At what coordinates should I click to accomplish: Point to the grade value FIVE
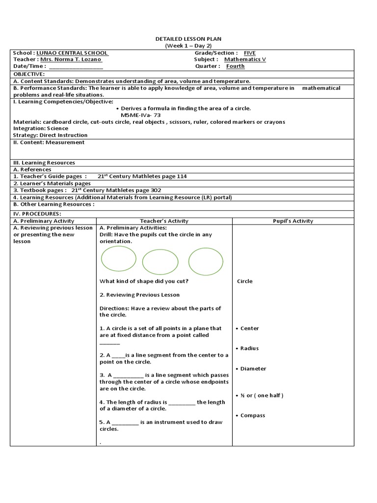(249, 53)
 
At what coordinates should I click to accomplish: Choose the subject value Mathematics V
(245, 59)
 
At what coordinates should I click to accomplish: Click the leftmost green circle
(118, 258)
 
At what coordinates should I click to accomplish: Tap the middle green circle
(160, 262)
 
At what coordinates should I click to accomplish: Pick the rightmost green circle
(206, 261)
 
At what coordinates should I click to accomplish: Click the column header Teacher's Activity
(164, 221)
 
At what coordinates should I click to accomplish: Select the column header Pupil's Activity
(293, 221)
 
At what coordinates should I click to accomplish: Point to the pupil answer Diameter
(253, 368)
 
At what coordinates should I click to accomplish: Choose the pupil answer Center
(249, 328)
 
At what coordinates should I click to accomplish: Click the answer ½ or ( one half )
(262, 395)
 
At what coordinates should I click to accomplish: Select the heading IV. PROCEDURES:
(37, 214)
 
